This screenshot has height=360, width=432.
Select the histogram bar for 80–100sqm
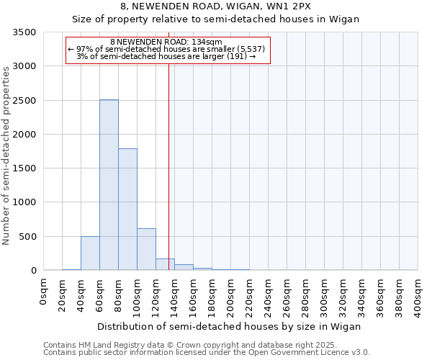coord(127,210)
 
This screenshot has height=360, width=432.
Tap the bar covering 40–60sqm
coord(90,253)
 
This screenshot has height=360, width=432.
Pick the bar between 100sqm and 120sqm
coord(146,249)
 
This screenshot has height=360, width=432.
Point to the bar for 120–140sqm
coord(165,264)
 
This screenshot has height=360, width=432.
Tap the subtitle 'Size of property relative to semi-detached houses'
coord(216,19)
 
